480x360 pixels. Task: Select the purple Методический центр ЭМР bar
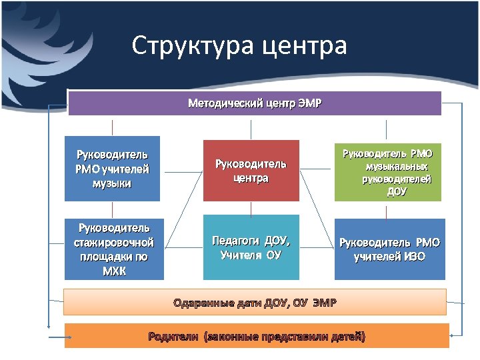(x=255, y=103)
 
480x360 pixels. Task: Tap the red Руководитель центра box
(x=251, y=171)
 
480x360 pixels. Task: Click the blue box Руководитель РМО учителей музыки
(x=112, y=169)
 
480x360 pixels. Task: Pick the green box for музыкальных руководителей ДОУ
(x=388, y=171)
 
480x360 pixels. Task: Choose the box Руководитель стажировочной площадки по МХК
(x=113, y=249)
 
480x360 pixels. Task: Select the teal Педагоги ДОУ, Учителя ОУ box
(x=251, y=247)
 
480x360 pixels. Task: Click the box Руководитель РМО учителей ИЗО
(x=389, y=249)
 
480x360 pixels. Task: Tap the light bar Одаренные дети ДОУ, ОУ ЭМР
(x=255, y=302)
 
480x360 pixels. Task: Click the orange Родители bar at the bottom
(x=257, y=335)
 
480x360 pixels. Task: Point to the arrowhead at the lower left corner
(x=49, y=327)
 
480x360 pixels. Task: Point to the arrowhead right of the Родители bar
(x=454, y=335)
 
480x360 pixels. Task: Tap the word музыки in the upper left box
(x=112, y=183)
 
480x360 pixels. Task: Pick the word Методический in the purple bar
(x=220, y=103)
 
